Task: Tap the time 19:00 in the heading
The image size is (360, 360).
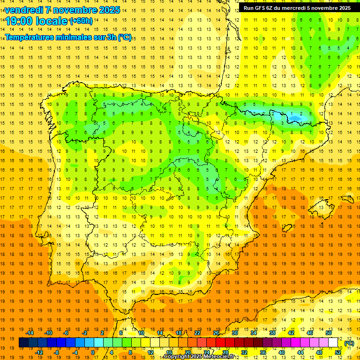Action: pos(20,21)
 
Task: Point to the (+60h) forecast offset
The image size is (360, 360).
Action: pos(81,21)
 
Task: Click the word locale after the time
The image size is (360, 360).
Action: pos(52,21)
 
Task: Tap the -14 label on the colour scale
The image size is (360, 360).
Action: pos(30,333)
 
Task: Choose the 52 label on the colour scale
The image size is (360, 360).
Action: pos(338,352)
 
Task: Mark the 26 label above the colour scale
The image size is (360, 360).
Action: pos(216,333)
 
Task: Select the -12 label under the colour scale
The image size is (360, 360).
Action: pos(39,352)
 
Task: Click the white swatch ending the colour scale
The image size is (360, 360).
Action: pos(333,343)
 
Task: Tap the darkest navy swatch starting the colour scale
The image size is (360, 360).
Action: pos(24,343)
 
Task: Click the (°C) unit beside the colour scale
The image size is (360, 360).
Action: pos(349,343)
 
